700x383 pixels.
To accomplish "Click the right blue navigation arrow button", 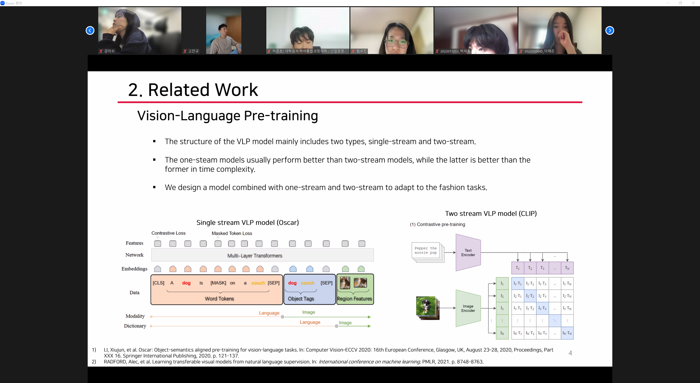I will (610, 30).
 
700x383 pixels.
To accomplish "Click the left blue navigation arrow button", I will (90, 30).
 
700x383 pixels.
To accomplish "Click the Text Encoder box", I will (468, 253).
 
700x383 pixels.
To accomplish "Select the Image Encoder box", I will (468, 308).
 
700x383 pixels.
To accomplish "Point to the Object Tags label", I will (301, 298).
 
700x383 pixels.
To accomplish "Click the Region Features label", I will (354, 298).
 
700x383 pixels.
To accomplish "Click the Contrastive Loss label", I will (168, 233).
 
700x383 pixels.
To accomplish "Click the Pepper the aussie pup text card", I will (425, 250).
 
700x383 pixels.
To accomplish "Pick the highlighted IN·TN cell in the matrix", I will (567, 333).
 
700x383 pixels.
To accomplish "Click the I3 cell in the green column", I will (502, 308).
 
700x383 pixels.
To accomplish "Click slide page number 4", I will (570, 353).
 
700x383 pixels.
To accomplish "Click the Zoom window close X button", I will (693, 3).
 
